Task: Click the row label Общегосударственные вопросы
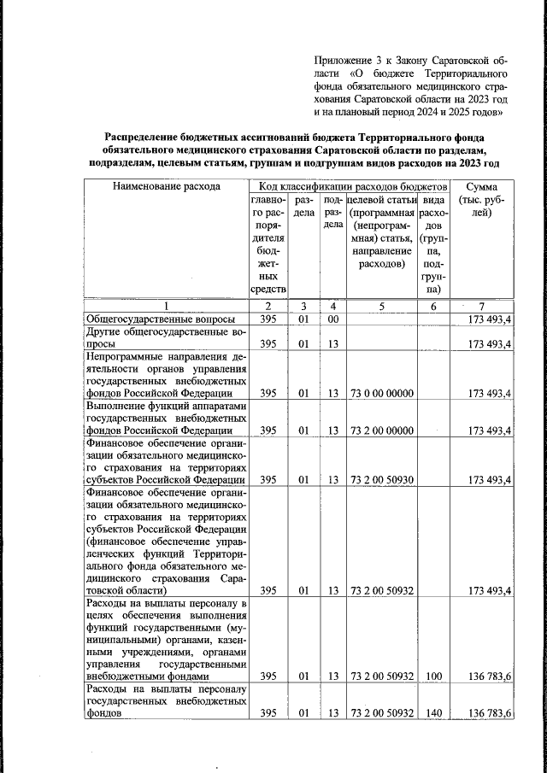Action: (151, 319)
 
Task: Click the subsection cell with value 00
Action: (333, 319)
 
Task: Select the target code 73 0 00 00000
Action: (381, 393)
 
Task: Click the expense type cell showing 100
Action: (433, 676)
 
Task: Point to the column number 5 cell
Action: (382, 307)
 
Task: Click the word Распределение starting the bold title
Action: (145, 137)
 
